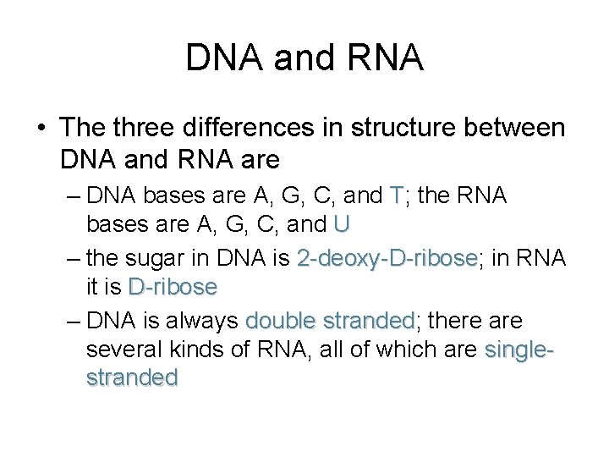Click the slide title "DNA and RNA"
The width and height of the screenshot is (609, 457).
(x=304, y=58)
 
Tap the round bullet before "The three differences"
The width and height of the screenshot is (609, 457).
(x=40, y=129)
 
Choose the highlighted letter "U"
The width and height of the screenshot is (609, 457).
(x=342, y=224)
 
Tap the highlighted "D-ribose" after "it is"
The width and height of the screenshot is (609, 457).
(x=173, y=287)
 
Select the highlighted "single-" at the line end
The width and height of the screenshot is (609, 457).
(x=519, y=350)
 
